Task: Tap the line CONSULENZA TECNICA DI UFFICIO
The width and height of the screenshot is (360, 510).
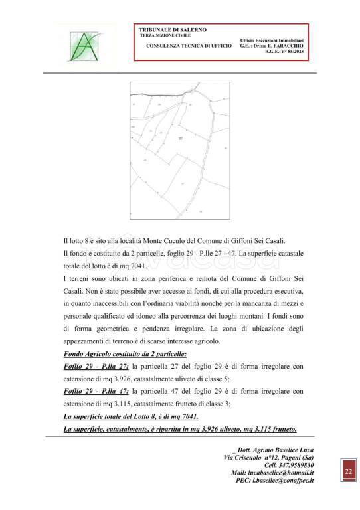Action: click(189, 46)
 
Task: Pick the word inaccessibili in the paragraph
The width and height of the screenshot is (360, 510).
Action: click(106, 301)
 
